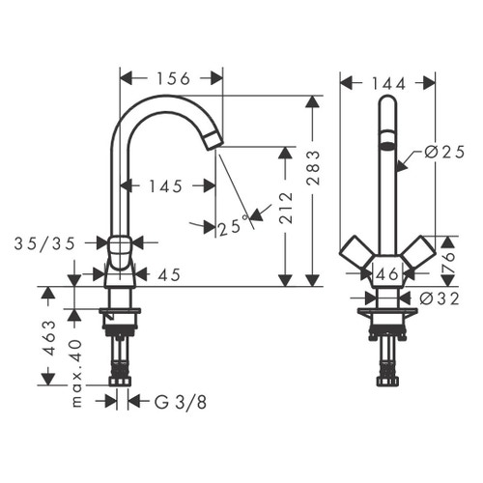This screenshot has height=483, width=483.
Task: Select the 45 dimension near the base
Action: tap(169, 275)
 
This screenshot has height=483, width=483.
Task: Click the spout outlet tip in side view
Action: tap(213, 142)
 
